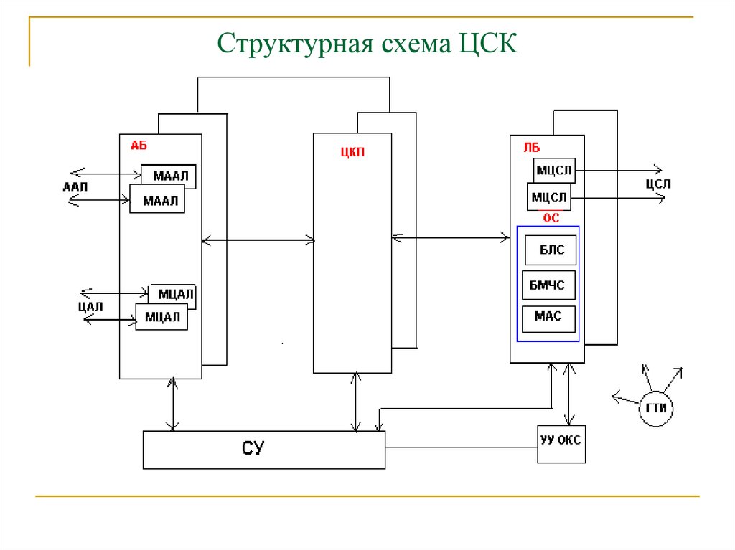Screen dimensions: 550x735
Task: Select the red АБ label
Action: coord(139,145)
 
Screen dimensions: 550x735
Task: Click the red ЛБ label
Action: coord(531,147)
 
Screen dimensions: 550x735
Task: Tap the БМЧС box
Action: coord(548,285)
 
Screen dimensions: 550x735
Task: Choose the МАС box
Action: coord(548,316)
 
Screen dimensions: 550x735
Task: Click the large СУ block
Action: coord(263,450)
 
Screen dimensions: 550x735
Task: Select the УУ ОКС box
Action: coord(561,441)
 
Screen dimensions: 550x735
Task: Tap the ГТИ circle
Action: coord(656,408)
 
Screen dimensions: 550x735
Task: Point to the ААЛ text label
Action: coord(75,188)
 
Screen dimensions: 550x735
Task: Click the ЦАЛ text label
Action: coord(90,307)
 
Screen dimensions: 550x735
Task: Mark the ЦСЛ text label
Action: coord(657,184)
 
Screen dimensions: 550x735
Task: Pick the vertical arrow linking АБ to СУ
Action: coord(172,404)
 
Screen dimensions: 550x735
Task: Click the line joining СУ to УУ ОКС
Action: coord(461,447)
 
